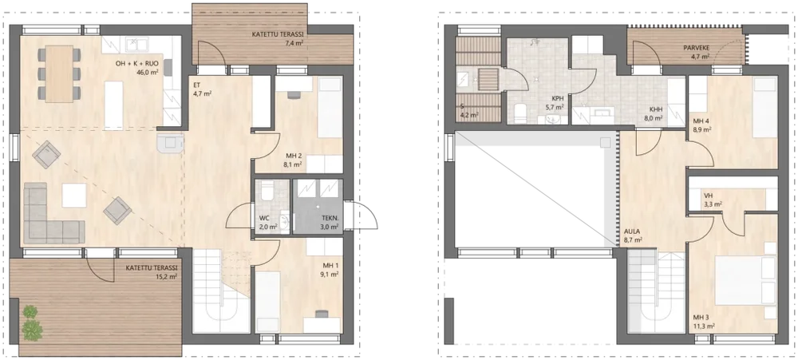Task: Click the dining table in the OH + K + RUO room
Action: pos(59,73)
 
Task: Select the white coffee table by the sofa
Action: pos(74,196)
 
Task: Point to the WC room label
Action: pos(265,220)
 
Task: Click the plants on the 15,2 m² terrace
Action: pos(32,324)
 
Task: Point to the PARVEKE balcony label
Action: pos(697,49)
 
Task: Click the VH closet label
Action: pos(709,196)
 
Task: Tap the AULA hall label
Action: pos(633,231)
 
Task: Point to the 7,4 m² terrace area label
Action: pos(294,43)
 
